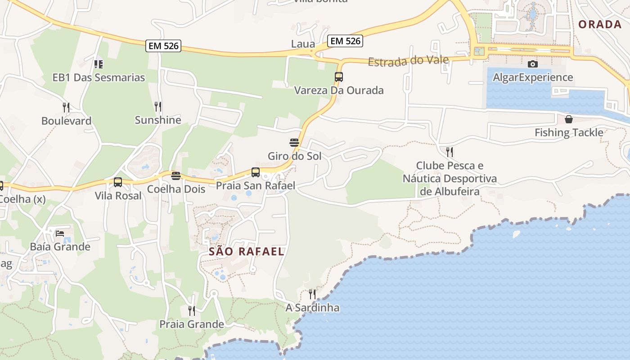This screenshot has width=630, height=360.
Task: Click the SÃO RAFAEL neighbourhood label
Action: pyautogui.click(x=247, y=252)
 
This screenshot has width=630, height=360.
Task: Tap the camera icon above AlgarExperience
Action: pyautogui.click(x=533, y=64)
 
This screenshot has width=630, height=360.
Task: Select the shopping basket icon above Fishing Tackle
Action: pyautogui.click(x=569, y=119)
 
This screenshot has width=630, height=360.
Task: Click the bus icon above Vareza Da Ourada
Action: pyautogui.click(x=339, y=77)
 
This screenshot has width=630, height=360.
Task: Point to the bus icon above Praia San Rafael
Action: pyautogui.click(x=256, y=172)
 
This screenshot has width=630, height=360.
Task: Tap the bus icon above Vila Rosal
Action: pyautogui.click(x=118, y=182)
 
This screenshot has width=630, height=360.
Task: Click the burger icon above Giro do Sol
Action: pyautogui.click(x=294, y=143)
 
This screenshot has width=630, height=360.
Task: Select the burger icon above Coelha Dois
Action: pyautogui.click(x=176, y=175)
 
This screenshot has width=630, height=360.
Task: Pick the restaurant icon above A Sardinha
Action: pyautogui.click(x=312, y=294)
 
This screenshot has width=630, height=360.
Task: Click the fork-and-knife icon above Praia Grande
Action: pyautogui.click(x=192, y=310)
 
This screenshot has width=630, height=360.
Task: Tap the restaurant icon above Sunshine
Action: pyautogui.click(x=158, y=107)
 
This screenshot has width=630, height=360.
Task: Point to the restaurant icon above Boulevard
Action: pyautogui.click(x=66, y=107)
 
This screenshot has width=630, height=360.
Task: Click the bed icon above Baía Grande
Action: pyautogui.click(x=60, y=233)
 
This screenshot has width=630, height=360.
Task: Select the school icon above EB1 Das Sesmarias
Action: pyautogui.click(x=99, y=64)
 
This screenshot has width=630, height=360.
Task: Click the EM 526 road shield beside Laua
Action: pyautogui.click(x=345, y=41)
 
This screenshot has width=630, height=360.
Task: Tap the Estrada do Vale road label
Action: pyautogui.click(x=408, y=60)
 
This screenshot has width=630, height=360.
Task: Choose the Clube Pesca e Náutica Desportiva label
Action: pyautogui.click(x=450, y=179)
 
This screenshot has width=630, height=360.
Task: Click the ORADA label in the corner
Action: pyautogui.click(x=600, y=24)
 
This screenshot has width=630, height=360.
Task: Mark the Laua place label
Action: pyautogui.click(x=303, y=44)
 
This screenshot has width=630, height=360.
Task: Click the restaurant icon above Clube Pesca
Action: pyautogui.click(x=450, y=152)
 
